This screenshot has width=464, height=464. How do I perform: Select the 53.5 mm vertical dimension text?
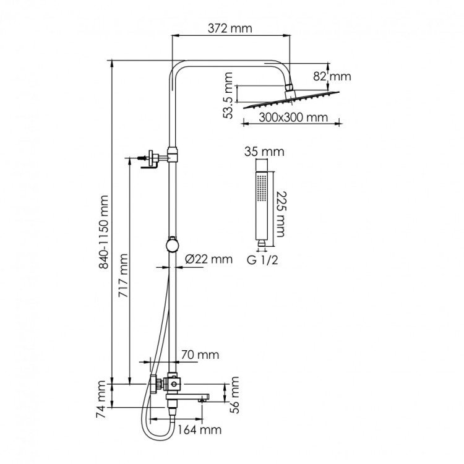(x=229, y=95)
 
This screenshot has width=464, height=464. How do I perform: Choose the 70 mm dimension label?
(x=200, y=354)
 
